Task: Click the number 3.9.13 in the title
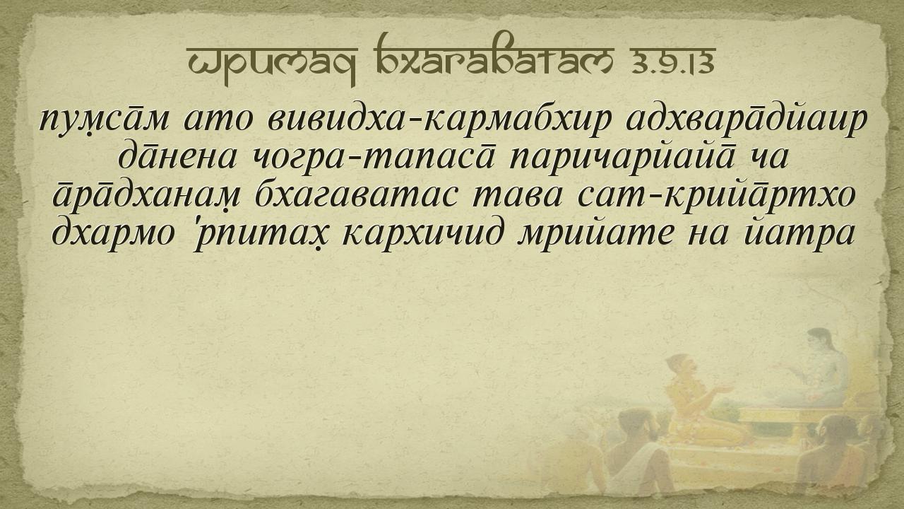pos(673,61)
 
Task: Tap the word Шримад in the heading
pos(273,64)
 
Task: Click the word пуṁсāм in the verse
pos(105,119)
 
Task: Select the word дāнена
pos(177,157)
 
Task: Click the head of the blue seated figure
pos(818,341)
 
